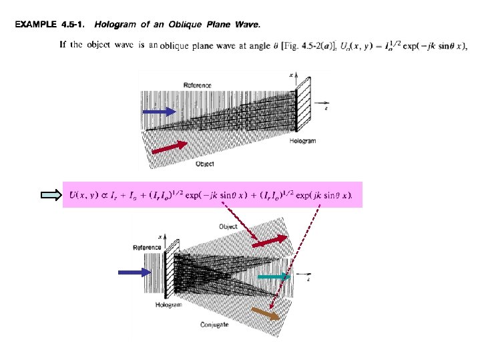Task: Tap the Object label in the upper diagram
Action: click(x=205, y=163)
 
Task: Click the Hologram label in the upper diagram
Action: click(x=302, y=141)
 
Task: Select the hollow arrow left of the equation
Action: click(x=50, y=195)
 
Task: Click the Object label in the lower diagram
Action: click(x=228, y=226)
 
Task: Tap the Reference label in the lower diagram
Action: click(x=147, y=247)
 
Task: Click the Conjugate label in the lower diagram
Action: click(x=214, y=325)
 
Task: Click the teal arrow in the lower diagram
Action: click(x=274, y=276)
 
